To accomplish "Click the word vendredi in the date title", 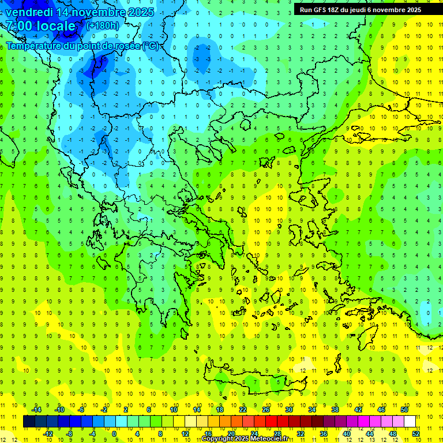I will pos(29,12).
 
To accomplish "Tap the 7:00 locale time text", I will pos(40,26).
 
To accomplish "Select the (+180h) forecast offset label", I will pos(103,25).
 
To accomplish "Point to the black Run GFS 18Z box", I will pos(361,9).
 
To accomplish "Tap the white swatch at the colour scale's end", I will pos(410,421).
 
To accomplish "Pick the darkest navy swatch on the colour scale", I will pos(29,421).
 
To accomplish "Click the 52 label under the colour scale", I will pos(415,433).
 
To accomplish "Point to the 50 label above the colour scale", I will pos(404,410).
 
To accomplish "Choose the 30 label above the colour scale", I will pos(289,410).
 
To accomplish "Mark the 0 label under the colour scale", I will pos(114,433).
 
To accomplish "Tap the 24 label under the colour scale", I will pos(254,433).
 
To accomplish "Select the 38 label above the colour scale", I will pos(335,410).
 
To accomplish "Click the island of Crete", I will pos(254,381).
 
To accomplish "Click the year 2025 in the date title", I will pos(141,12).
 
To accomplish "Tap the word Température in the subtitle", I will pos(32,46).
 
